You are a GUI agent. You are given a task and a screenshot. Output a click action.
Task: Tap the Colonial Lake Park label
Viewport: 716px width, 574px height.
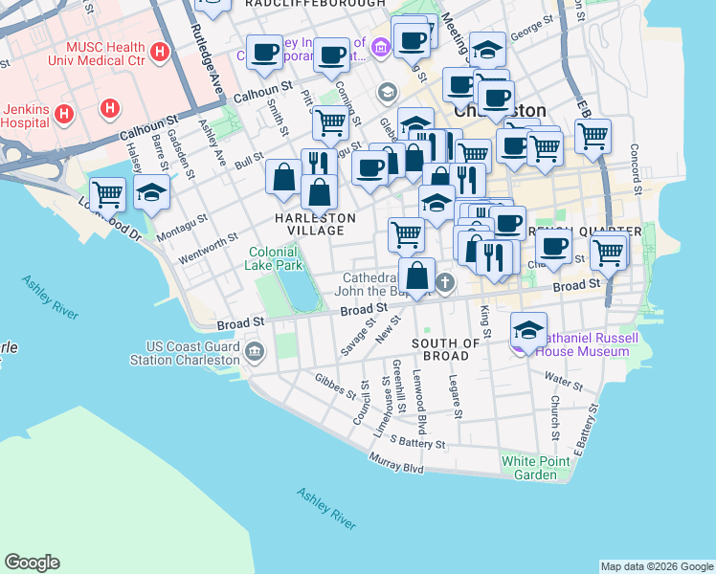tap(276, 258)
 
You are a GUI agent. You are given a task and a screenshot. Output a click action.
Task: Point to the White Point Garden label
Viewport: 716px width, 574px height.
tap(528, 468)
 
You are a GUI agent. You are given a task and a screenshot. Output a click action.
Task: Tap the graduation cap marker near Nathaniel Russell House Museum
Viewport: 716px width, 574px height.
tap(528, 329)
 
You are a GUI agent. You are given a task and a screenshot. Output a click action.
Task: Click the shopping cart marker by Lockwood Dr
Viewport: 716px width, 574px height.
tap(107, 194)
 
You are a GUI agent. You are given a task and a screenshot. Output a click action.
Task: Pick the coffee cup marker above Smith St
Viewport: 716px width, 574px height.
tap(265, 52)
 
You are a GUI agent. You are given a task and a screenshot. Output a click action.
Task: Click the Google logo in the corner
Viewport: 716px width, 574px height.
tap(33, 562)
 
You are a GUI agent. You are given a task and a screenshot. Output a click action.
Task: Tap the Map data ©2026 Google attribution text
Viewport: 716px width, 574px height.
tap(656, 566)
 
